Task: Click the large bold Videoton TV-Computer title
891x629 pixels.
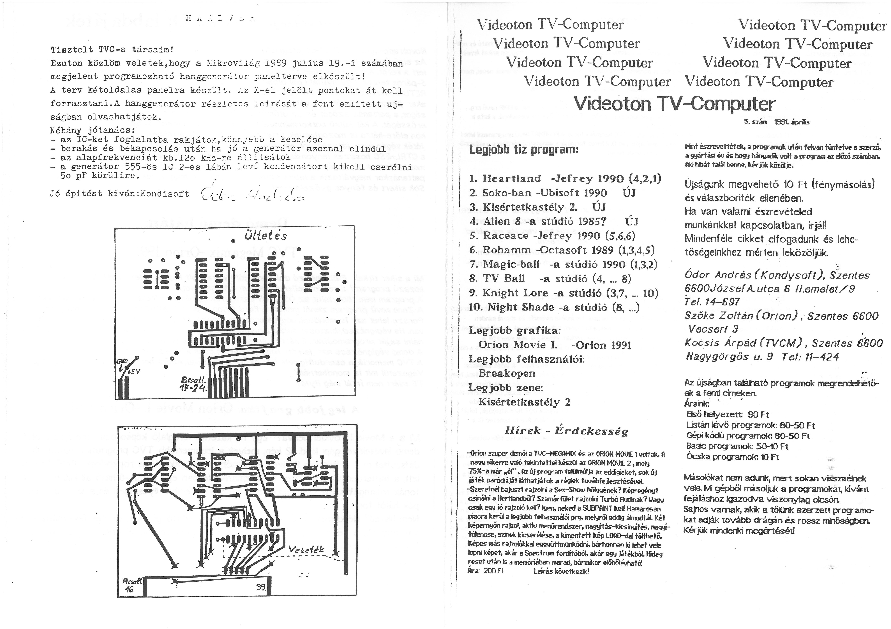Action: (674, 103)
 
